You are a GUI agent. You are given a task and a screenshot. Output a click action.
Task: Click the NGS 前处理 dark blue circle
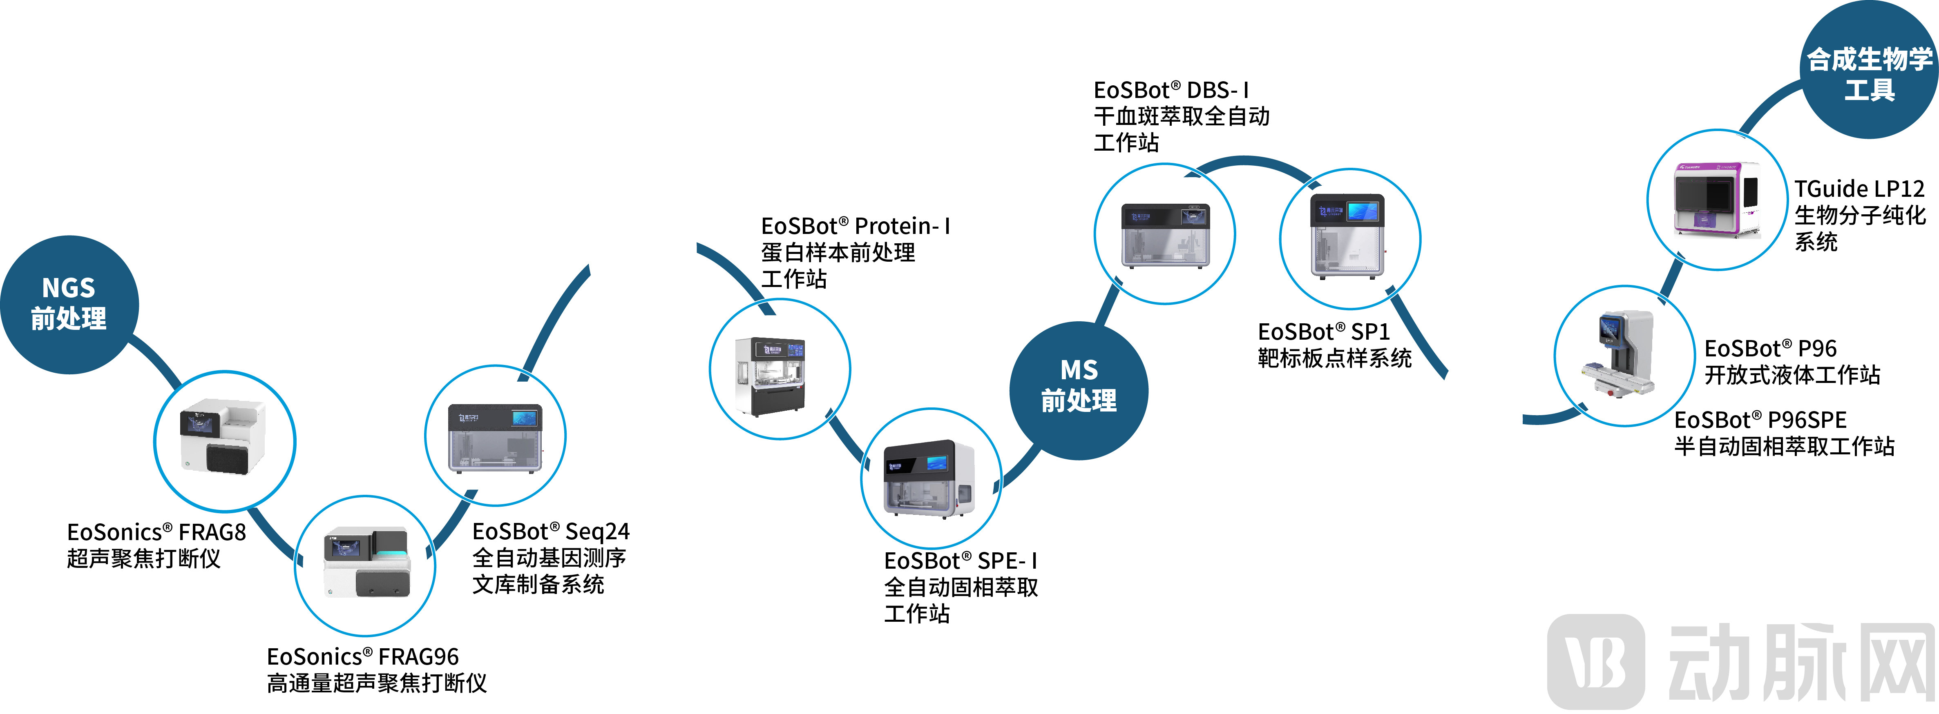69,304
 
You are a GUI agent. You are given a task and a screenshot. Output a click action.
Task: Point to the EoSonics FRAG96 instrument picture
365,564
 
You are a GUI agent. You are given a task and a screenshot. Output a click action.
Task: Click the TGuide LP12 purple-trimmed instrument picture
1716,199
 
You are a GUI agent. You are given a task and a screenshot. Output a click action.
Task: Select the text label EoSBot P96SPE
1760,420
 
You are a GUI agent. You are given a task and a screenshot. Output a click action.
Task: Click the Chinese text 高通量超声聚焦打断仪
376,683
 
